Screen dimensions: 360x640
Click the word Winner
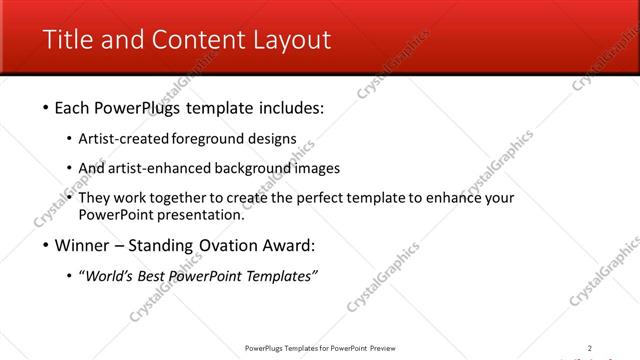[81, 244]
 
